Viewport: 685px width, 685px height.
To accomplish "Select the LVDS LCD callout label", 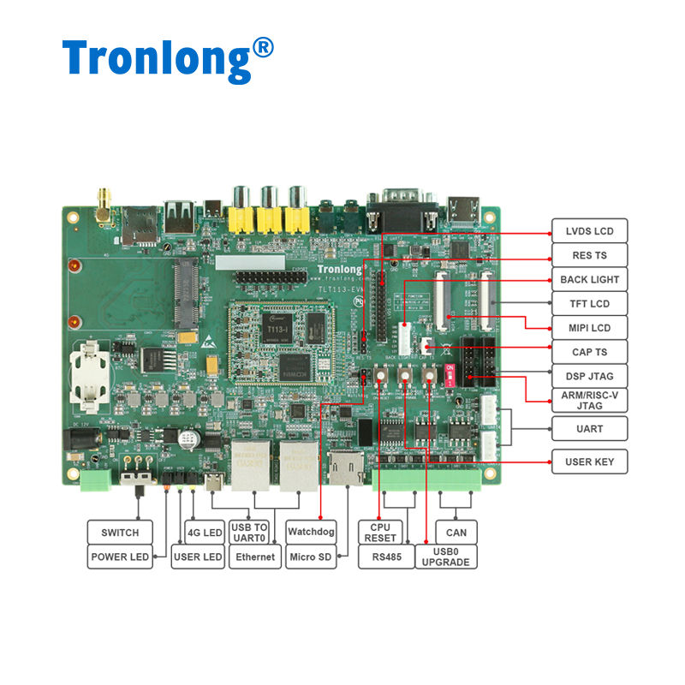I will tap(589, 231).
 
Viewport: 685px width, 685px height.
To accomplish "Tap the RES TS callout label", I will tap(589, 255).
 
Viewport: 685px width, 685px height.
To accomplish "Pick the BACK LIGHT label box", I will tap(589, 279).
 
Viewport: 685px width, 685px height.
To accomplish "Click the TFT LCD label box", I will tap(589, 303).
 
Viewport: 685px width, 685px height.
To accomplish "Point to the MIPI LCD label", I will tap(589, 327).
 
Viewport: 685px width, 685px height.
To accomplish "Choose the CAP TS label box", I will tap(589, 351).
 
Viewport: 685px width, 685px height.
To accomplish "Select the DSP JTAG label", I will tap(589, 375).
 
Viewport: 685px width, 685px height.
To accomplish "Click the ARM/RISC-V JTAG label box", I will tap(589, 400).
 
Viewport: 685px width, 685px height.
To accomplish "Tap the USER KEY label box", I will tap(589, 462).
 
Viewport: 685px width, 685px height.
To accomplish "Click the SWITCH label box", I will tap(120, 533).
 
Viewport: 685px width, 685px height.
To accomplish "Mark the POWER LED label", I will tap(120, 557).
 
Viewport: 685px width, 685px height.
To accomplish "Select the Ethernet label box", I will tap(255, 557).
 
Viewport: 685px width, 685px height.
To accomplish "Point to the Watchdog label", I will tap(312, 533).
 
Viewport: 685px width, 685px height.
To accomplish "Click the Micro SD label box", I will tap(312, 557).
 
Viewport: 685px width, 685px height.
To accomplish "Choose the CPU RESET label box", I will tap(380, 533).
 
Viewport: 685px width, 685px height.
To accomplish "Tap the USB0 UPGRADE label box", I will tap(446, 557).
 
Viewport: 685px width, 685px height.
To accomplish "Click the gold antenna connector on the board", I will tap(103, 204).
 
